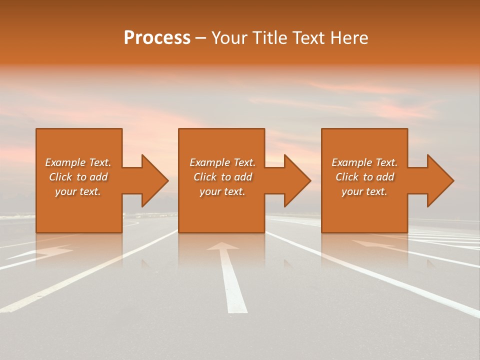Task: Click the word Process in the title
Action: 157,38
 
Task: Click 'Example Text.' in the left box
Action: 78,162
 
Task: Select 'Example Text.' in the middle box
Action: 222,162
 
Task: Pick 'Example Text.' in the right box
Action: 364,162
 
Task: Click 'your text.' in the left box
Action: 78,191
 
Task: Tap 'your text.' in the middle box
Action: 222,191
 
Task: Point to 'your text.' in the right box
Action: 364,191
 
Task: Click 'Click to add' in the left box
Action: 78,177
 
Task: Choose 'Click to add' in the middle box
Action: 222,177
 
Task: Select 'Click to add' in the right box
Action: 364,177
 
